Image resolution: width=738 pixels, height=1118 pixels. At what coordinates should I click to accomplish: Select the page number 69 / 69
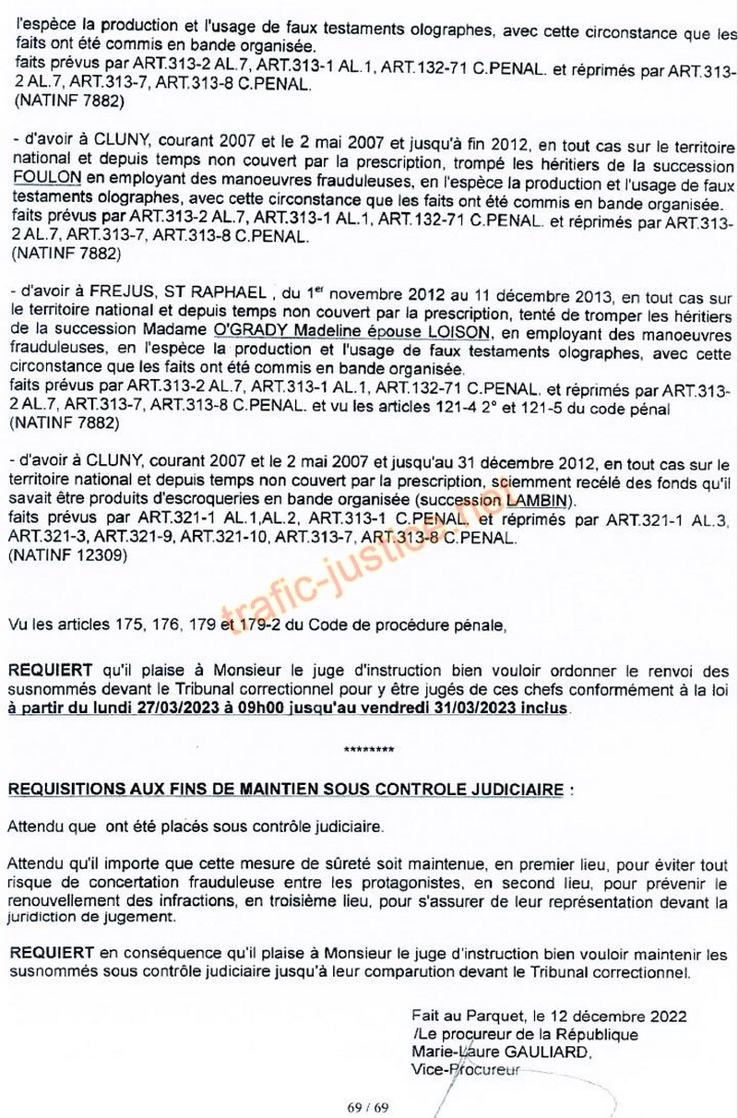[x=368, y=1107]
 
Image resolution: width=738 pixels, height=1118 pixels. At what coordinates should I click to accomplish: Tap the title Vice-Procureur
[x=466, y=1070]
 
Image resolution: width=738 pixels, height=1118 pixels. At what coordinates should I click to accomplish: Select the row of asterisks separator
[x=368, y=749]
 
